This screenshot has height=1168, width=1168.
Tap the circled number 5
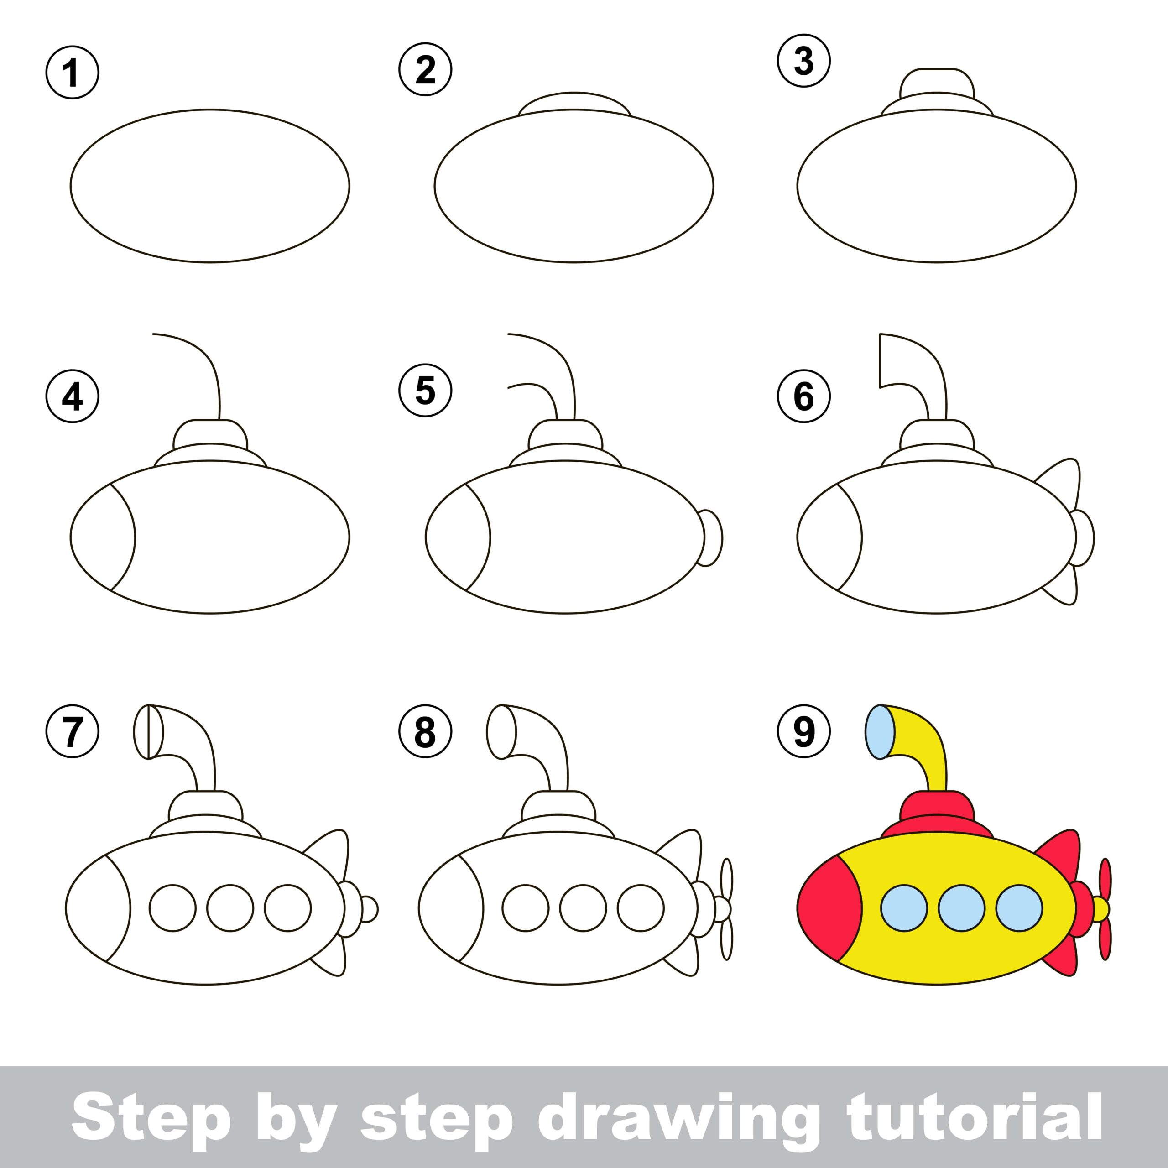click(x=425, y=391)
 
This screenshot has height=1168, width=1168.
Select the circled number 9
click(x=803, y=731)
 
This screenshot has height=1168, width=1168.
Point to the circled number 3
click(x=803, y=61)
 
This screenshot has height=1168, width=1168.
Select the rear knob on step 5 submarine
click(x=712, y=537)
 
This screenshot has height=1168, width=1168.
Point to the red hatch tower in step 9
click(x=937, y=810)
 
